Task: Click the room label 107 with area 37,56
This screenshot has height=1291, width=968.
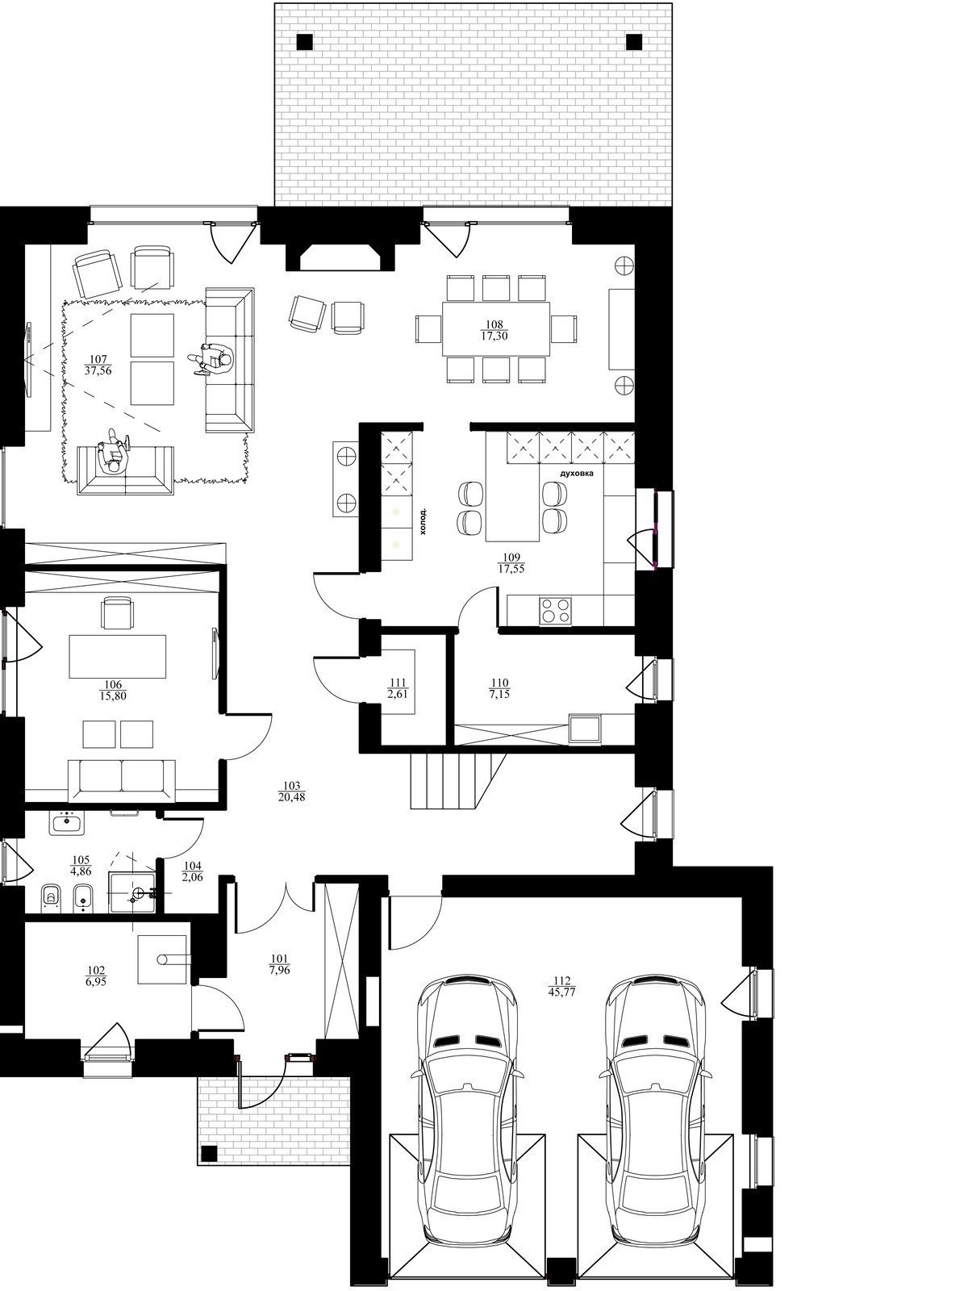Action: pos(98,365)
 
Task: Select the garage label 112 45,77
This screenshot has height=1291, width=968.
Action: pos(562,986)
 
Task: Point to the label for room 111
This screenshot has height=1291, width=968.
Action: pos(398,687)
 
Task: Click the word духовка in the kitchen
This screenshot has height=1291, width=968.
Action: pos(577,472)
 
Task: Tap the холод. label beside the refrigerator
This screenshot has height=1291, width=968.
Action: pos(423,520)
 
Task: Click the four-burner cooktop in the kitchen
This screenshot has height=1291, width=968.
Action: pos(556,610)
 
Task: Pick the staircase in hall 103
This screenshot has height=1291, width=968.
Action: pos(458,782)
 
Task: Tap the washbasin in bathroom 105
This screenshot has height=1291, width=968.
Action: pos(67,822)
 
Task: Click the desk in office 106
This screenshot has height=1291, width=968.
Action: pos(118,656)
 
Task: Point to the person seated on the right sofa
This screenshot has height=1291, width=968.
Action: pos(211,359)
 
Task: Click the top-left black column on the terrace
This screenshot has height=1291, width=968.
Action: pos(305,42)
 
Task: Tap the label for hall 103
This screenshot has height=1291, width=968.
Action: pos(291,792)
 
